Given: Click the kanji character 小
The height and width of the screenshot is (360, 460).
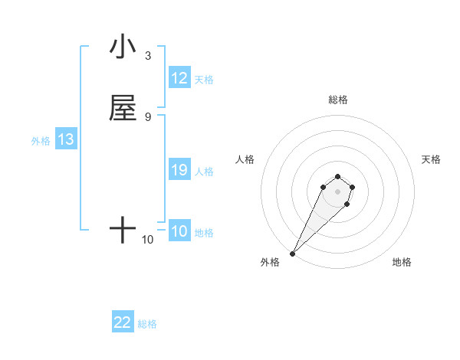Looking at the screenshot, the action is tap(123, 47).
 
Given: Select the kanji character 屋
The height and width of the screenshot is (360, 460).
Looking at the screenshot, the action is tap(123, 108).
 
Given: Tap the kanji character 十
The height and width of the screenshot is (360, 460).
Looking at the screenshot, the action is tap(123, 230).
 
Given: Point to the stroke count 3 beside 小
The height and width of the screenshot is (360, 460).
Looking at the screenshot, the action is tap(148, 55).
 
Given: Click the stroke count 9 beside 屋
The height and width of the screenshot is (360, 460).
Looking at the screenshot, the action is tap(148, 116).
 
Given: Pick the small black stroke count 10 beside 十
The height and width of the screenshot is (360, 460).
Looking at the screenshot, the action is tap(148, 240).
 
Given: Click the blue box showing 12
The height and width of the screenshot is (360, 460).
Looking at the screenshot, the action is tap(179, 78).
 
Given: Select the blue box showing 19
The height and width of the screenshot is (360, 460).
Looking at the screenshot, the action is tap(179, 171).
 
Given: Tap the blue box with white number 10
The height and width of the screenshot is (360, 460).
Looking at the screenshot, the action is tap(179, 232).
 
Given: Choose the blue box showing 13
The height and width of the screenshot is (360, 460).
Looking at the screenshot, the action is tap(66, 140).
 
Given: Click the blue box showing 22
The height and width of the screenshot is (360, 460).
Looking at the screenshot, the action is tap(123, 323).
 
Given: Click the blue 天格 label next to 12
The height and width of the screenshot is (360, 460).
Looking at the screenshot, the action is tap(204, 79).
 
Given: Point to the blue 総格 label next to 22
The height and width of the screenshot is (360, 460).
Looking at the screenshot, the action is tap(147, 324).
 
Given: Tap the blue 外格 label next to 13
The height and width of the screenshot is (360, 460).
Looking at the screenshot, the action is tap(41, 141).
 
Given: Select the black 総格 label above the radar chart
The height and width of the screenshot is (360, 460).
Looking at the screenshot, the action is tap(338, 100).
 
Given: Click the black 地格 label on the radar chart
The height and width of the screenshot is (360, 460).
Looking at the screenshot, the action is tap(402, 262).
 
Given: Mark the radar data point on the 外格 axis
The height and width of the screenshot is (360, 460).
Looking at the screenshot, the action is tap(292, 254).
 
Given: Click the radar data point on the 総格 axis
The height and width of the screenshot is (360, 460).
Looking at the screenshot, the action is tap(338, 175).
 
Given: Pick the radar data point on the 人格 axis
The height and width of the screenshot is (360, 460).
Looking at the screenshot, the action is tap(324, 187).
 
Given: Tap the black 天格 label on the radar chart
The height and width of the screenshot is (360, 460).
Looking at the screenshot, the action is tap(431, 159).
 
